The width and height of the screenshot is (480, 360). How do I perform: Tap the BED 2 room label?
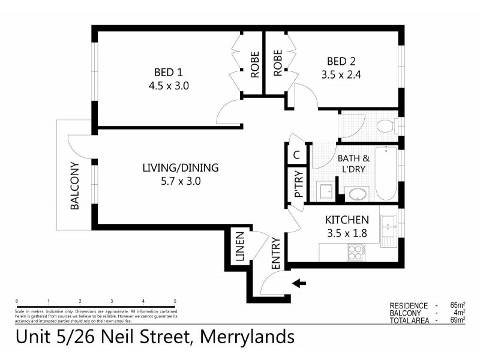(x=341, y=62)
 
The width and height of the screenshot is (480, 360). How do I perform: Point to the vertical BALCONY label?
(x=75, y=186)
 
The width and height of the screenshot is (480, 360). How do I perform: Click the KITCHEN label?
(x=347, y=220)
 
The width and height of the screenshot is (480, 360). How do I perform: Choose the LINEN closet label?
(x=240, y=247)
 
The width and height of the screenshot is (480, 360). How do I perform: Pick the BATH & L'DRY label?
(x=354, y=164)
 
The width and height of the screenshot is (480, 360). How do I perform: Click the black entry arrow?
(x=298, y=283)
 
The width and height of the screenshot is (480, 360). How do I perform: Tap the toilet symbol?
(x=385, y=126)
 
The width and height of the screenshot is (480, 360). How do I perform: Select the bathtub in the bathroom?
(x=386, y=173)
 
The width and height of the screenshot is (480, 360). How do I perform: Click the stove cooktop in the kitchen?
(x=355, y=252)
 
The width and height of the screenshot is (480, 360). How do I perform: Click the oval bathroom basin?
(x=358, y=195)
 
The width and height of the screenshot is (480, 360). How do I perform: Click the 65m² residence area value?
(x=459, y=305)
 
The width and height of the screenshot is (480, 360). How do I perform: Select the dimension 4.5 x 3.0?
(x=169, y=85)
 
